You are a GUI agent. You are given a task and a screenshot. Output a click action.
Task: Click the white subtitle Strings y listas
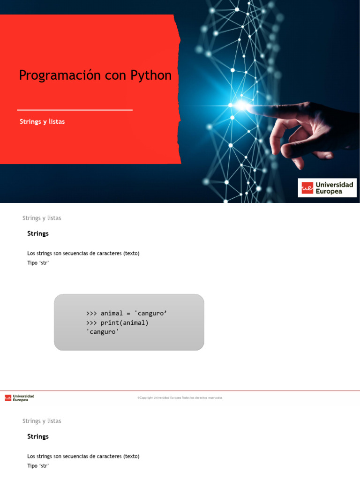[42, 121]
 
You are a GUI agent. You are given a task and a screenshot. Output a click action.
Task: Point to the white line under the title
[75, 110]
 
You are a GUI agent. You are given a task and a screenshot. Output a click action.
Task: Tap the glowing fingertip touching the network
[242, 105]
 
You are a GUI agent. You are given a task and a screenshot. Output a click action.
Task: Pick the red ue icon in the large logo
[307, 188]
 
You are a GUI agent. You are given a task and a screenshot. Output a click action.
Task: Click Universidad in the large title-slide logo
[335, 185]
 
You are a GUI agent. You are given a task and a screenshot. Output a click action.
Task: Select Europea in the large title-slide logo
[329, 191]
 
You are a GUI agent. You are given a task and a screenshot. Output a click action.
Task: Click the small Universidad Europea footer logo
[20, 397]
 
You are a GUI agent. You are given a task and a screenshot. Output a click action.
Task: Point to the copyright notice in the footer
[180, 397]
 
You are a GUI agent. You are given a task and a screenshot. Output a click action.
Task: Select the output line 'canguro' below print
[103, 332]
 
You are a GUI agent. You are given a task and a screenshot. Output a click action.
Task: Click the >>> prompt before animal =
[91, 313]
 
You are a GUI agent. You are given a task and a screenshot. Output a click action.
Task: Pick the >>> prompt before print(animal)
[91, 323]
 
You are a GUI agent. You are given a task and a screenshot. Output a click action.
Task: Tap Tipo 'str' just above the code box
[38, 262]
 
